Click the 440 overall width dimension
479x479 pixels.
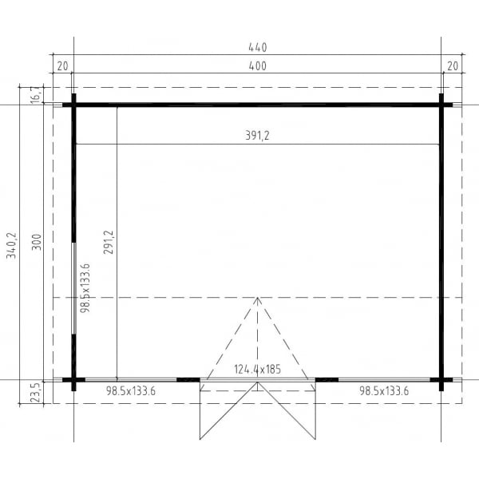[x=257, y=47]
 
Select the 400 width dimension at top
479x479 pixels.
[x=257, y=67]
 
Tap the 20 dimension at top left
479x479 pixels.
[x=63, y=67]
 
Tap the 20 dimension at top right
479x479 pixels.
[x=453, y=67]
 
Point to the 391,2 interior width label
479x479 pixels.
[x=257, y=136]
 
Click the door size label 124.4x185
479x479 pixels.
[x=257, y=370]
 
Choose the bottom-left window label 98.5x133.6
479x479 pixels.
[x=131, y=390]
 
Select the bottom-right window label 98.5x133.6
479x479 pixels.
[x=384, y=390]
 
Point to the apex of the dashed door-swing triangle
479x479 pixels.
[x=257, y=299]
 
